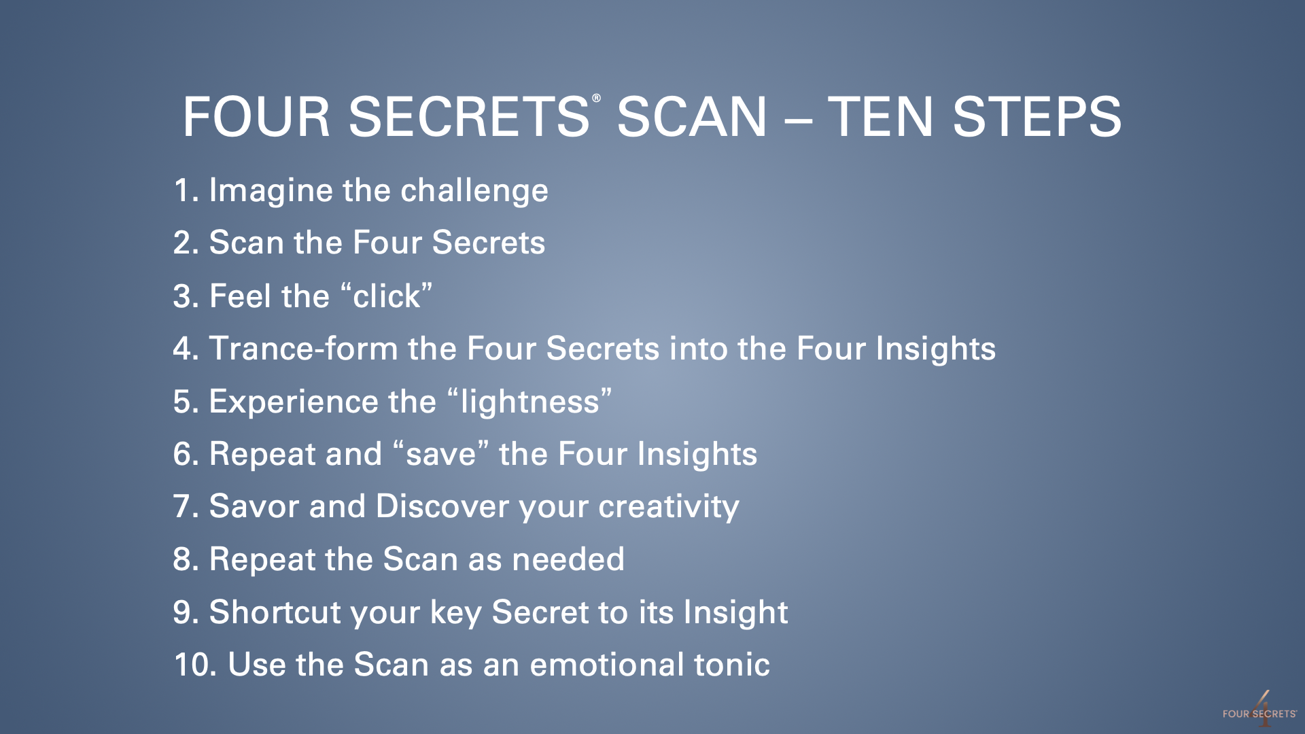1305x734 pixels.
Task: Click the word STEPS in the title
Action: [x=1037, y=117]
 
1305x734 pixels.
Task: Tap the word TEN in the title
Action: [x=880, y=117]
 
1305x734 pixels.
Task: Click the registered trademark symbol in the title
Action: [x=596, y=99]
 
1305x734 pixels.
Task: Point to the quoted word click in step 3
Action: [x=386, y=296]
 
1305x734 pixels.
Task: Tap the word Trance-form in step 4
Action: [x=303, y=349]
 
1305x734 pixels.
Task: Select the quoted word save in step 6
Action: [x=441, y=454]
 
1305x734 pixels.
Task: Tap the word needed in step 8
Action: [x=568, y=559]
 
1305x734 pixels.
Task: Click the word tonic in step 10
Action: [x=732, y=665]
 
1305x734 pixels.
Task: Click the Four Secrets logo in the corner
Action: [x=1259, y=710]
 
